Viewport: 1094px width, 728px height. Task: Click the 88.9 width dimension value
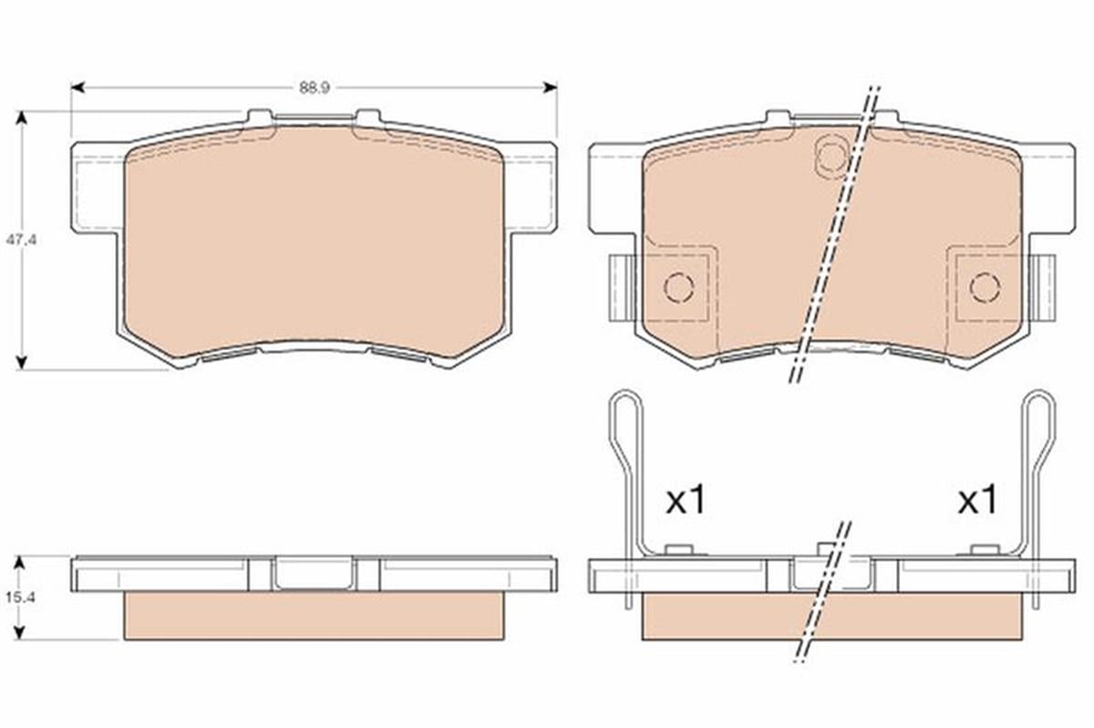[313, 88]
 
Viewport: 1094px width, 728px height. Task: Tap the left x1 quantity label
[686, 500]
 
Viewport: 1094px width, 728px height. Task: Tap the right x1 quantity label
[977, 500]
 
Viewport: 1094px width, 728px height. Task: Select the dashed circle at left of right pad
[679, 288]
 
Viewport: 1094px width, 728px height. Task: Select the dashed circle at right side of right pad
[985, 288]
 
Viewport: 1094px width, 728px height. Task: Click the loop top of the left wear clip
[624, 396]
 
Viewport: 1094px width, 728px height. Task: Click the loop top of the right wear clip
[1039, 396]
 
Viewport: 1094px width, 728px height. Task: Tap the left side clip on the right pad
[620, 287]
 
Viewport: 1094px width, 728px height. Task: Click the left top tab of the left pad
[260, 117]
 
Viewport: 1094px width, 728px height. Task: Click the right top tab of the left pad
[367, 117]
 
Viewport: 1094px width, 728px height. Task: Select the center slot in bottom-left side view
[314, 573]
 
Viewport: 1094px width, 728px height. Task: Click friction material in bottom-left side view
[313, 615]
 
